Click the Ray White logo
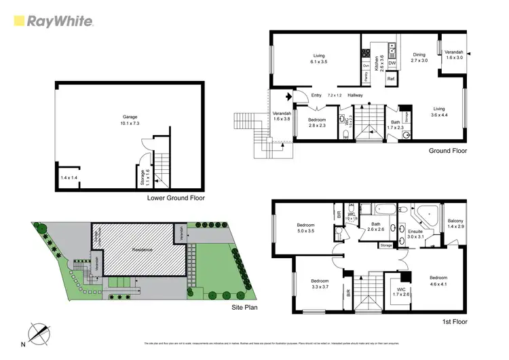(x=54, y=21)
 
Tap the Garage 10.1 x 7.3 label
(x=129, y=120)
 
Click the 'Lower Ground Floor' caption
(x=176, y=198)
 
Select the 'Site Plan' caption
(x=242, y=307)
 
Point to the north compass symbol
(x=39, y=334)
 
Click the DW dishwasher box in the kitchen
(x=392, y=63)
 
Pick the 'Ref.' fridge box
(x=391, y=79)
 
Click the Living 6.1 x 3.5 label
(x=319, y=59)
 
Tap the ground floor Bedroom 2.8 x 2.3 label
(x=318, y=123)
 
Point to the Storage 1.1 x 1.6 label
(x=143, y=176)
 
